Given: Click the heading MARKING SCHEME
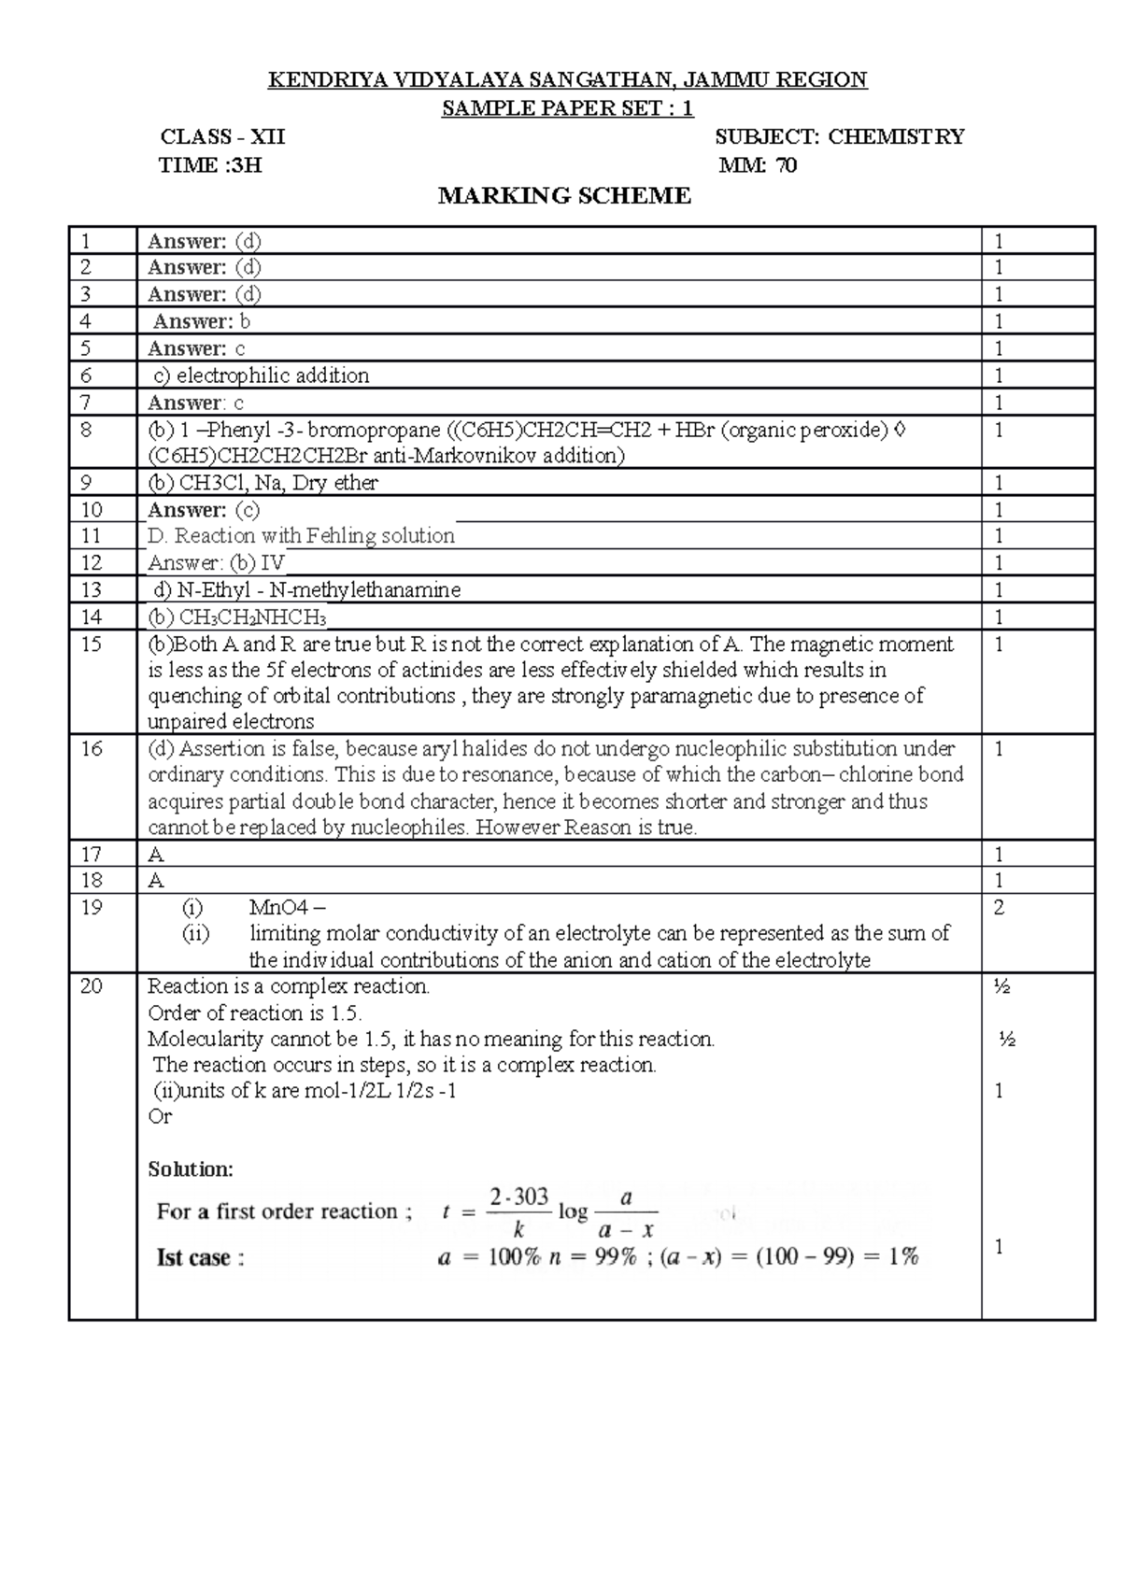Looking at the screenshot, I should [x=564, y=196].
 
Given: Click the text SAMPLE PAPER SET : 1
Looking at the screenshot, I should [x=567, y=108].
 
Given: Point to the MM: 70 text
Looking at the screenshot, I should [x=758, y=166].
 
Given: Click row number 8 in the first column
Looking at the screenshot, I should [x=86, y=430].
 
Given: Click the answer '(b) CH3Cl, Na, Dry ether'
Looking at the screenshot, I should [x=263, y=483].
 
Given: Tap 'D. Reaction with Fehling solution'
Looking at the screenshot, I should [x=301, y=536].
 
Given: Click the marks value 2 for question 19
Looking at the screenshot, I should [x=999, y=907].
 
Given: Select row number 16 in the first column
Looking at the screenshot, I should [x=91, y=748].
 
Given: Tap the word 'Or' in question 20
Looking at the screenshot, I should [x=160, y=1117].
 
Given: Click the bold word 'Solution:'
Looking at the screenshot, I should [x=191, y=1169].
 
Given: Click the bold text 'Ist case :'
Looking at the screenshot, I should [x=200, y=1257].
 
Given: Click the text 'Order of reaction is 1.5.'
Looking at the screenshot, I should [x=254, y=1013].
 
